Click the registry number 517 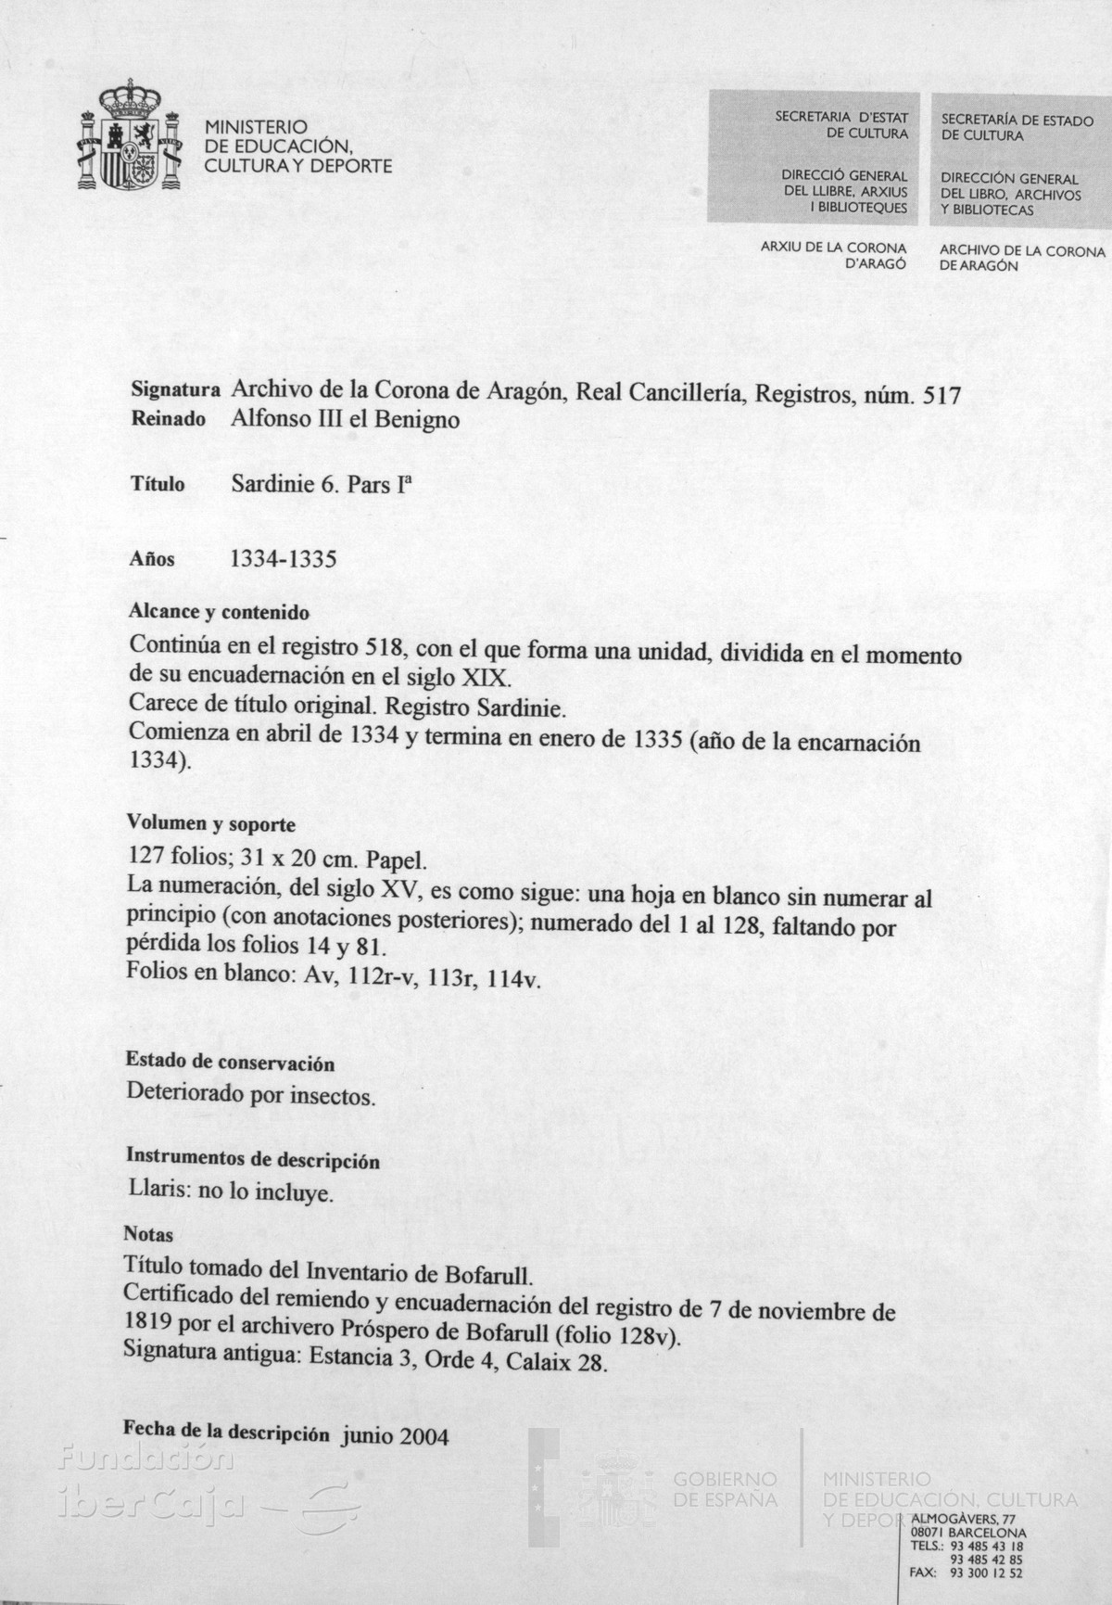942,394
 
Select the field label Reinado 169,420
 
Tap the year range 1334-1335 283,559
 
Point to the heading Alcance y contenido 219,613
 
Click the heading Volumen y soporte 211,823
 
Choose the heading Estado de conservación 230,1063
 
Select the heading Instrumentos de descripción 252,1159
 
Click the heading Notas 148,1235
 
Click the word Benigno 417,420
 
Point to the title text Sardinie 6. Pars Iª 320,484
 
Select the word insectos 334,1096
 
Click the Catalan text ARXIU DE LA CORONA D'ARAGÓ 833,256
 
